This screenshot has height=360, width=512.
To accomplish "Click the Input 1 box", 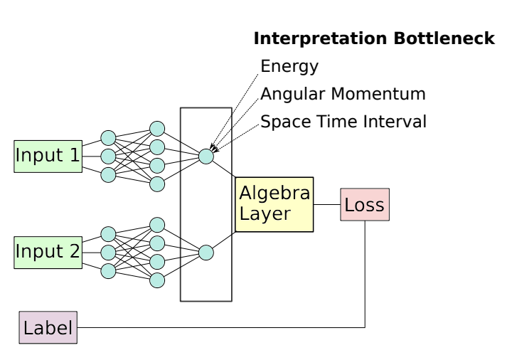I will click(x=48, y=156).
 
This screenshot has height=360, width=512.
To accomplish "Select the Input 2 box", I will click(x=48, y=252).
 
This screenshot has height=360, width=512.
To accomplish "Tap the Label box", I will click(x=48, y=328).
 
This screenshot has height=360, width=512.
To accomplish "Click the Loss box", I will click(x=364, y=205).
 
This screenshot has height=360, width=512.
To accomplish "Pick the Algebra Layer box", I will click(x=274, y=204).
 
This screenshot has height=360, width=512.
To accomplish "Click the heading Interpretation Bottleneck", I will click(x=374, y=39).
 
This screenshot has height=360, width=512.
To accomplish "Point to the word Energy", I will click(x=289, y=67).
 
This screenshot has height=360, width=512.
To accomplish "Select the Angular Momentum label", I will click(x=343, y=94).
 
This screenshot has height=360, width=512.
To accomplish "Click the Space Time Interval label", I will click(x=343, y=122).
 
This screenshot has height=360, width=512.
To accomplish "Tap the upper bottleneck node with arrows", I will click(x=206, y=157).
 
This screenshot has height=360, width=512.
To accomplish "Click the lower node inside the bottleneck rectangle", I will click(x=206, y=253).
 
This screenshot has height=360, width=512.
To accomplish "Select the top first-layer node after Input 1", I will click(x=108, y=138).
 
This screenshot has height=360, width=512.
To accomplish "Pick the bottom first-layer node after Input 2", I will click(x=108, y=271).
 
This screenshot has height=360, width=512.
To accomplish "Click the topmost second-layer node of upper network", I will click(x=157, y=129).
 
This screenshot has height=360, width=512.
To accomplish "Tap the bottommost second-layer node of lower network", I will click(x=157, y=280).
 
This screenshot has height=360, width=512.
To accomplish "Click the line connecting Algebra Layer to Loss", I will click(x=326, y=205).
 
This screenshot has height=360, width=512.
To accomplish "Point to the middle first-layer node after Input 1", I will click(x=108, y=157).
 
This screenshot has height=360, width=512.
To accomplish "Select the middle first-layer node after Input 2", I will click(x=108, y=253).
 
